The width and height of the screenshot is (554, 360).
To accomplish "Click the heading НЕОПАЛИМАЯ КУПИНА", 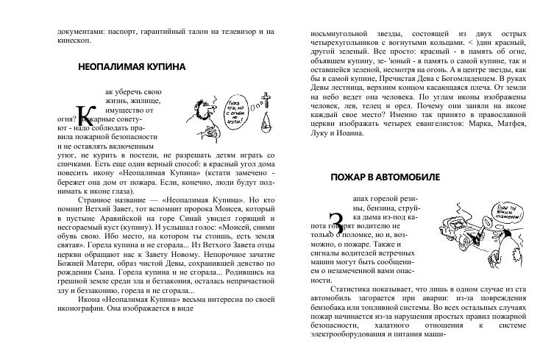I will [131, 67].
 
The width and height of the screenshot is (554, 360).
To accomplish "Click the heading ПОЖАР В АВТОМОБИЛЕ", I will [385, 177].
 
